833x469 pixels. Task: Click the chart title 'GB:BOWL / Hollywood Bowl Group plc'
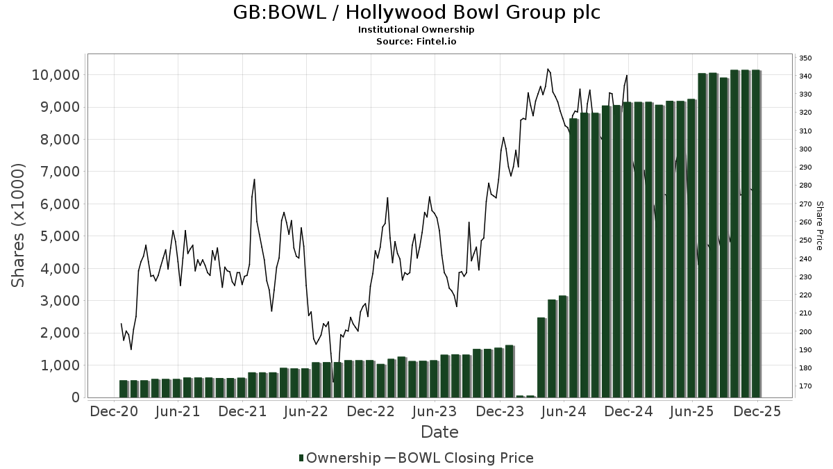(x=416, y=13)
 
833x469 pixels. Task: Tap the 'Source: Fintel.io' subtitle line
(x=416, y=41)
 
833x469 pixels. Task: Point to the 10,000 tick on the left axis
(x=56, y=75)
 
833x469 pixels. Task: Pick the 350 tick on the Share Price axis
(x=805, y=58)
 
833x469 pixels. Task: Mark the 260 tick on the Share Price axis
(x=805, y=222)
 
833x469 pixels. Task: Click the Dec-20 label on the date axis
(x=114, y=411)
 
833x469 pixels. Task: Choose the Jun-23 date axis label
(x=435, y=411)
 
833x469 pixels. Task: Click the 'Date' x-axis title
(x=439, y=432)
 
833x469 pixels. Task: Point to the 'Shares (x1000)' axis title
(x=19, y=225)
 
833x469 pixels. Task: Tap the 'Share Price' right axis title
(x=819, y=225)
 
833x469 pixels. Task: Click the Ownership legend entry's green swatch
(x=301, y=458)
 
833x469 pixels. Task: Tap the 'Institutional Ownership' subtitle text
(x=416, y=30)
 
